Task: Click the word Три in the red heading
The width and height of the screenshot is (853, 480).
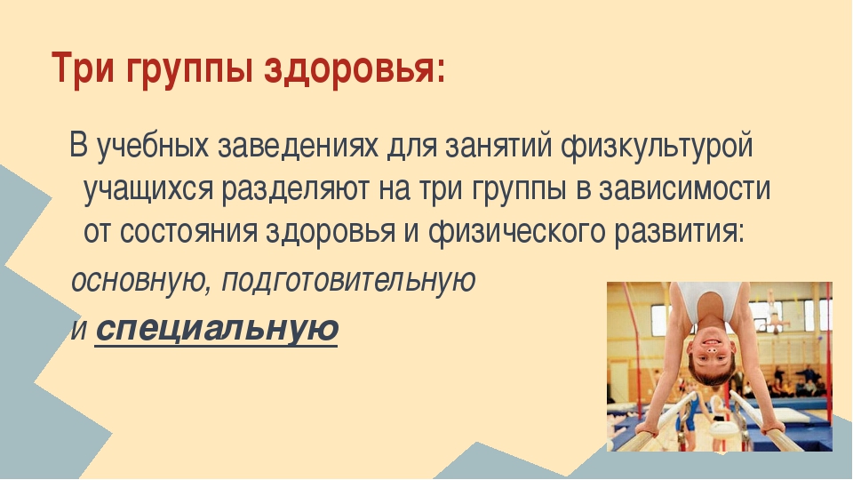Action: point(84,68)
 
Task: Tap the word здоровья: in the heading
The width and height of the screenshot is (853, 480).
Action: point(355,69)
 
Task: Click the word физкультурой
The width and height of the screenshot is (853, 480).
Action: point(657,147)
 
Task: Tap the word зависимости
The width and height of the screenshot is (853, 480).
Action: point(684,188)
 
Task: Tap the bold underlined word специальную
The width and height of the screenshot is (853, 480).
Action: point(217,328)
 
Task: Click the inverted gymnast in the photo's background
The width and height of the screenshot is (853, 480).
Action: point(772,312)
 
